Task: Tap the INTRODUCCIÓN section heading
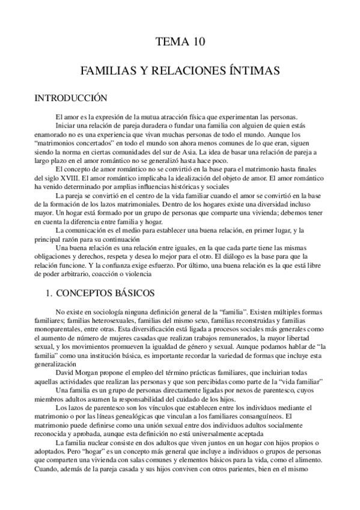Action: (x=70, y=98)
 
